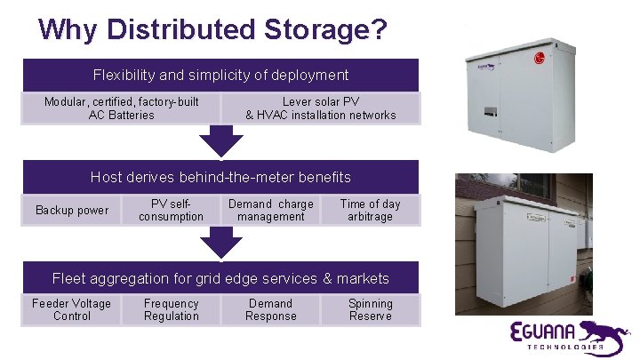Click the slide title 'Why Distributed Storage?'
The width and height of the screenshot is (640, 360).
point(213,29)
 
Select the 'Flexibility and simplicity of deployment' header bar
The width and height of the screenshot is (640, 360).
point(220,76)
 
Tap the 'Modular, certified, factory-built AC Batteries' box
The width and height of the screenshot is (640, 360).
point(122,108)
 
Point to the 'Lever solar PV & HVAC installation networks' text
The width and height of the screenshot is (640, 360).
point(321,108)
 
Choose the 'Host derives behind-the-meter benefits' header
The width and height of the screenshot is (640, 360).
point(220,177)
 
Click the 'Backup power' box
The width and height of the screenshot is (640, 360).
point(72,211)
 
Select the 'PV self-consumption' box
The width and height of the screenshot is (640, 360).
point(172,211)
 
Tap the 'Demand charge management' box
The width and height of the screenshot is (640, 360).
point(271,211)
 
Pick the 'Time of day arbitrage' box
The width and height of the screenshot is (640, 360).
point(370,211)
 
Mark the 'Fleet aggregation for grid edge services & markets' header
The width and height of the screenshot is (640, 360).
point(220,278)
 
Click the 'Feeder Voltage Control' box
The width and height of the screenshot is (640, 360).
point(72,310)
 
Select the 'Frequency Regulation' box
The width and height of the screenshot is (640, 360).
point(172,310)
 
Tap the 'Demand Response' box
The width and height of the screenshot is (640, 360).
point(271,310)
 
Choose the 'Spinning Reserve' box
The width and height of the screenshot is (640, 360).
point(370,310)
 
